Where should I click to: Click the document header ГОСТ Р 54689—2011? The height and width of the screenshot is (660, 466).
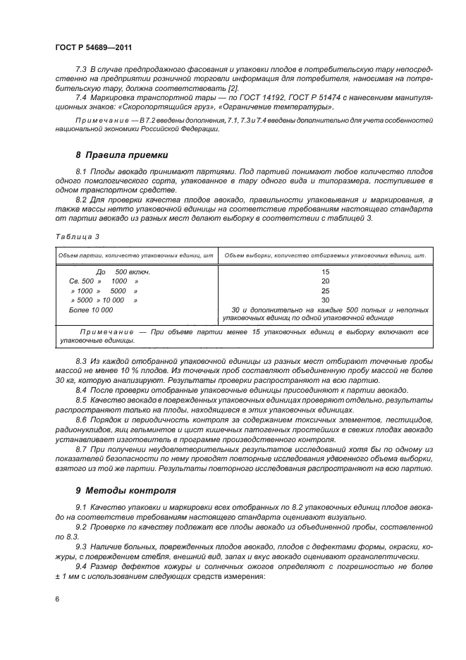pos(94,47)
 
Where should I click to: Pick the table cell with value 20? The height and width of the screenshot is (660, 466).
pos(324,281)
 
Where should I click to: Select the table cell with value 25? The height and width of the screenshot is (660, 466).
pos(324,291)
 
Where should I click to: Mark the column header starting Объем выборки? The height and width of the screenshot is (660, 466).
pos(325,255)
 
